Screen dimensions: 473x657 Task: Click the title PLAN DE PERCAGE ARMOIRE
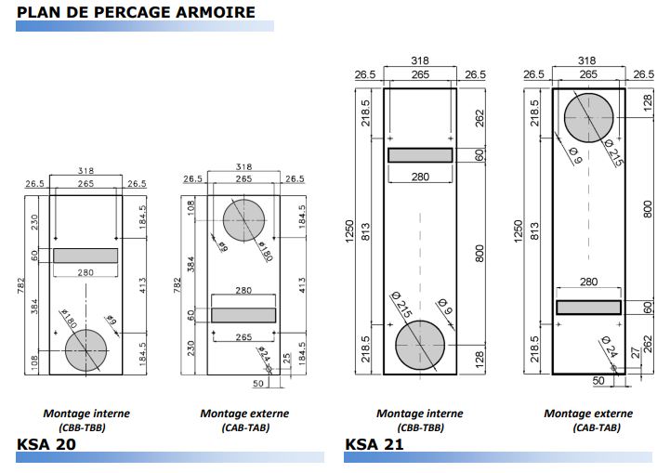pos(136,12)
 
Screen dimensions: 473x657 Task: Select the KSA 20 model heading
pos(46,443)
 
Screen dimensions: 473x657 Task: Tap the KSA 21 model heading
pos(374,443)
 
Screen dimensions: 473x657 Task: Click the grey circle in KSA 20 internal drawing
pos(85,349)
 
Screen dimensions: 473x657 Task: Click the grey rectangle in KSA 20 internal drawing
pos(85,256)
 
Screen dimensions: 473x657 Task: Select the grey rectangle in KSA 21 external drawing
pos(589,307)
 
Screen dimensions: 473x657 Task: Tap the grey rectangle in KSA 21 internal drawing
pos(420,155)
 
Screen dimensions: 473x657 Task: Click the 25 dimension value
pos(288,358)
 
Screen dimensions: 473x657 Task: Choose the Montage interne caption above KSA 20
pos(86,414)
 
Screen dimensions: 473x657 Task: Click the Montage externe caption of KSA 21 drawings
pos(588,414)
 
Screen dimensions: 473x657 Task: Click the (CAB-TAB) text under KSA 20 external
pos(244,427)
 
